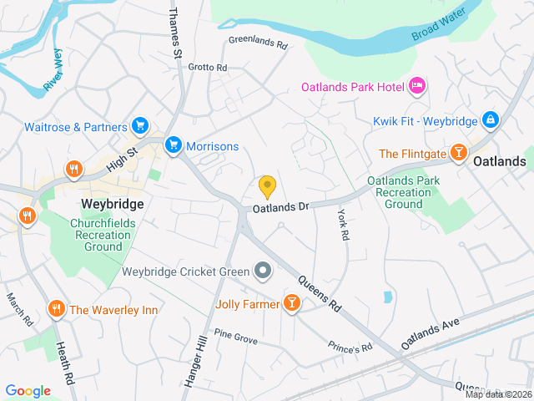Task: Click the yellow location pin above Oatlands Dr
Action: click(x=267, y=185)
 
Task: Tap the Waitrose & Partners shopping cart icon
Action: click(x=140, y=127)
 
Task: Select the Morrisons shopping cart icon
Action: click(x=174, y=145)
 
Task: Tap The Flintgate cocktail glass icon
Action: click(x=458, y=154)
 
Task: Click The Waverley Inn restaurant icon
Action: click(x=57, y=309)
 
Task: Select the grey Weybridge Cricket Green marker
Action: click(x=263, y=271)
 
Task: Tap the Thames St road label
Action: click(x=176, y=33)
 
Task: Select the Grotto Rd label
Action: click(x=207, y=67)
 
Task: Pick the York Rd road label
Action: click(x=342, y=225)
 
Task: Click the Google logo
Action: click(x=28, y=390)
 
